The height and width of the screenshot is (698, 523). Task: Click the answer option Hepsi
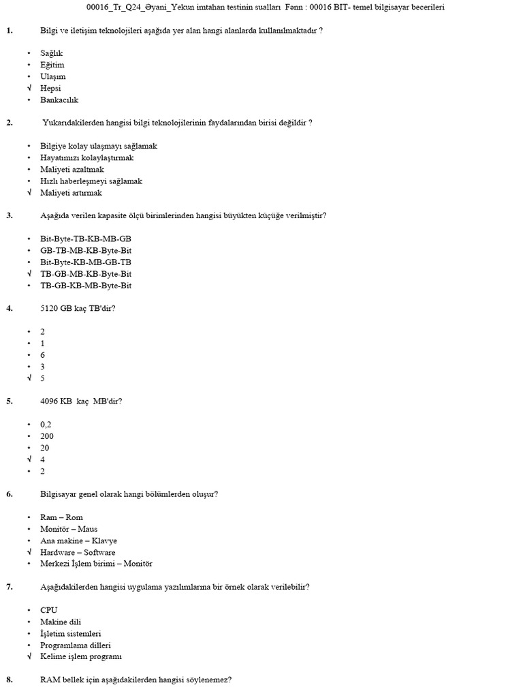[51, 88]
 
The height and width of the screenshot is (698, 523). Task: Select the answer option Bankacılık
[59, 100]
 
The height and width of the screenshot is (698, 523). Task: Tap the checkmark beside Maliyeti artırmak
[29, 193]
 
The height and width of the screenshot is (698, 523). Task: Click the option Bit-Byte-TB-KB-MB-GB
[86, 239]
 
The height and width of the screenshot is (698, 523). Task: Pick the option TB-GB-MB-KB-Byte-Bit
[86, 274]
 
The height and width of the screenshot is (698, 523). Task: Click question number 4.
[10, 308]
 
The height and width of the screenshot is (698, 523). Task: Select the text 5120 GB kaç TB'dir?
[78, 308]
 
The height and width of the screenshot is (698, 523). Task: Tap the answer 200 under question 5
[47, 436]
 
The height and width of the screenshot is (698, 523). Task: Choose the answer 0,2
[46, 424]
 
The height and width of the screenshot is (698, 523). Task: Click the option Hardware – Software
[78, 552]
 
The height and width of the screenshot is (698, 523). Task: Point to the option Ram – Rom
[61, 517]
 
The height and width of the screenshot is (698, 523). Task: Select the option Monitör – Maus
[69, 529]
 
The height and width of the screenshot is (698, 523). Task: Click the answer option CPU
[49, 610]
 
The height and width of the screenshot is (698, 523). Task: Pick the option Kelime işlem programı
[81, 656]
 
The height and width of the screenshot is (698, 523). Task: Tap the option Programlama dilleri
[76, 645]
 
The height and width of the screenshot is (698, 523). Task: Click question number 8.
[10, 680]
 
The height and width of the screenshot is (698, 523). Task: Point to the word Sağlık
[52, 53]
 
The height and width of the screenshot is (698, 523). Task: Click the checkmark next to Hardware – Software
[29, 552]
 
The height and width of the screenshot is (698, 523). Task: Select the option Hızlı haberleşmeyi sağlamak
[91, 181]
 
